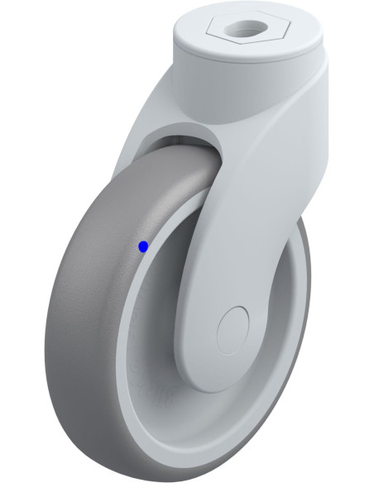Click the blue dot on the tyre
click(x=143, y=246)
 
